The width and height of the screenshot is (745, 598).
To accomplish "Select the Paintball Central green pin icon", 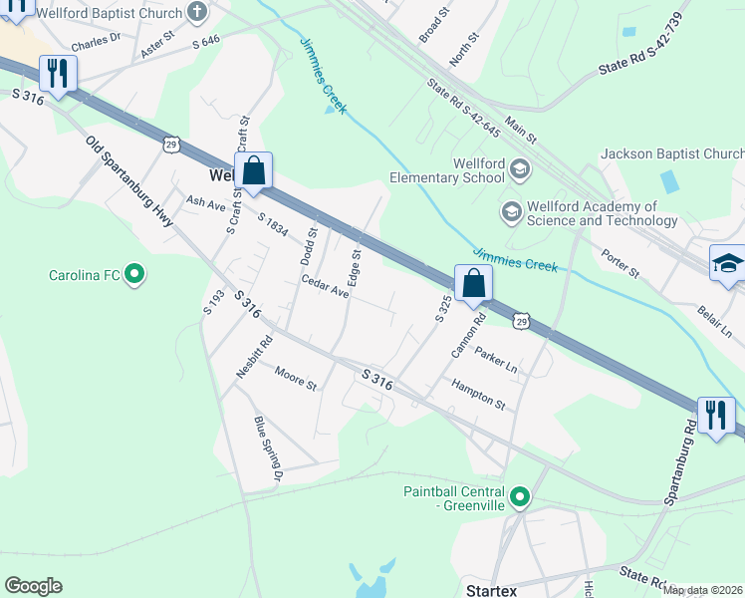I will pos(519,496).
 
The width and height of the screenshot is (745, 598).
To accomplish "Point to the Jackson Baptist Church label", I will pos(671,153).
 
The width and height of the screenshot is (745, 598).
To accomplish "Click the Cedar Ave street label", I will pos(326,286).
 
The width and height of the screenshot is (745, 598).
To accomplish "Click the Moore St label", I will pos(295,378).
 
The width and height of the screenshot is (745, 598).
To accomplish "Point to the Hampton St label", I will pos(478,393).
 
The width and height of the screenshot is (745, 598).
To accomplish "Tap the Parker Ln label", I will pos(496,360).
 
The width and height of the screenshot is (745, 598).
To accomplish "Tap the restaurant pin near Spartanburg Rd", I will pos(715,415).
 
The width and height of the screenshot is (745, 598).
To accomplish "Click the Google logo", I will pos(33,586).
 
